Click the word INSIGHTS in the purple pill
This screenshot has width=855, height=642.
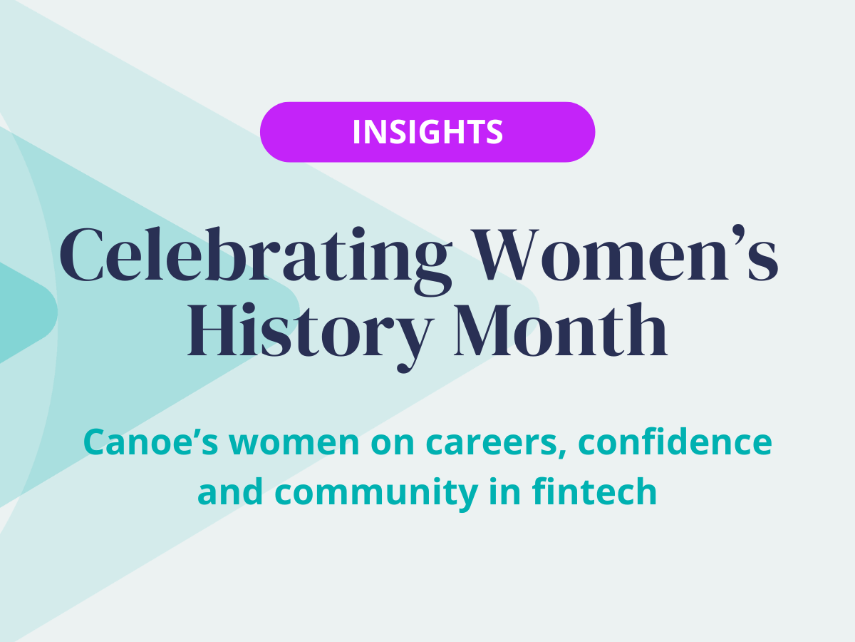tap(427, 132)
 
